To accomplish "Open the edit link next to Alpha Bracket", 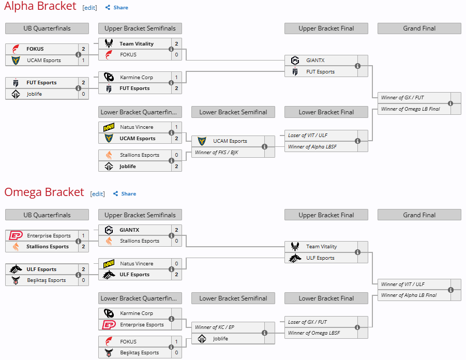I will (x=89, y=8).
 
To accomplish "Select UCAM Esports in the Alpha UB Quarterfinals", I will (x=43, y=61).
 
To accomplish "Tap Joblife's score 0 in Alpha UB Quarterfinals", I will (x=83, y=94).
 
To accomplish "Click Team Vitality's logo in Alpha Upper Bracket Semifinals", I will (x=109, y=44).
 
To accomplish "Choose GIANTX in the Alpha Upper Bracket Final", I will (x=315, y=61).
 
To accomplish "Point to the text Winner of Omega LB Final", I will (x=410, y=109).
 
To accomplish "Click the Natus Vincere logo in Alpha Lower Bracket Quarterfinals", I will (x=109, y=127).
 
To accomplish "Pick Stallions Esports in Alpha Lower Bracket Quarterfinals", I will (x=140, y=155).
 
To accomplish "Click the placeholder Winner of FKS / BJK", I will (x=216, y=153).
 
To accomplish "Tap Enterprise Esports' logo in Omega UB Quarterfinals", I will (x=16, y=236).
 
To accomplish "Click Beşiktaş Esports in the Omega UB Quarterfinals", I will (x=46, y=280).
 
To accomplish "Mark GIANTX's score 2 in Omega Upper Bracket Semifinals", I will (x=176, y=230).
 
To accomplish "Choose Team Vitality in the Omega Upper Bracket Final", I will (x=321, y=247).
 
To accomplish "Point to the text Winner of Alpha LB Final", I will (x=409, y=295).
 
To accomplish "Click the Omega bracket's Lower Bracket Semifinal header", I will (x=233, y=298).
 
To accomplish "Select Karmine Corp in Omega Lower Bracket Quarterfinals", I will (x=137, y=313).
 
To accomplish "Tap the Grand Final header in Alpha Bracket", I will (x=419, y=28).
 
